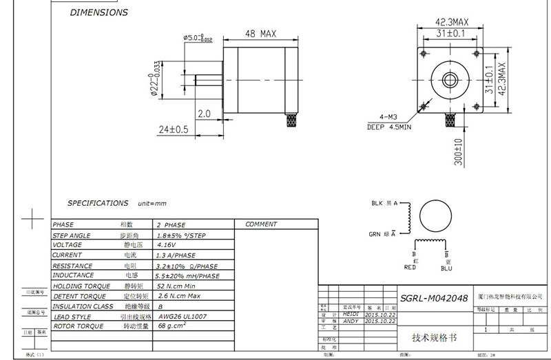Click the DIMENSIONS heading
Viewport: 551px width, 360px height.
[99, 12]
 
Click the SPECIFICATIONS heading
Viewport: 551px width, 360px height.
[98, 204]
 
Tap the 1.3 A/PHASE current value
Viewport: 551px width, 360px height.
[176, 255]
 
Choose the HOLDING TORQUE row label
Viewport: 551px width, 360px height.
[82, 286]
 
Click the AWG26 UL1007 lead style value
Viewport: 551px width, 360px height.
[183, 316]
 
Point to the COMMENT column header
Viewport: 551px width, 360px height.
[261, 224]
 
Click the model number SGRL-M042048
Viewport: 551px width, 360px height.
[434, 299]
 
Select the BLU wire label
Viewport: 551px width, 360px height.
[447, 268]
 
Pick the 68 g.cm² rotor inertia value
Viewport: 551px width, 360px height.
[173, 326]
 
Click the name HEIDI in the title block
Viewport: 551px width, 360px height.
[351, 314]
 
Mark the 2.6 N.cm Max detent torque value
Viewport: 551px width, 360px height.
[179, 296]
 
